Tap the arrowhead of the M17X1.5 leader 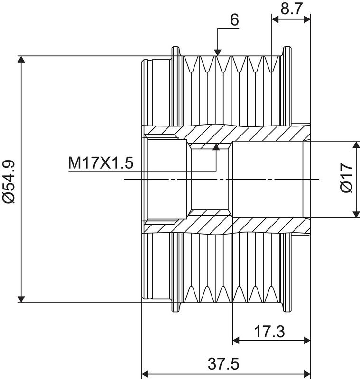point(217,147)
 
